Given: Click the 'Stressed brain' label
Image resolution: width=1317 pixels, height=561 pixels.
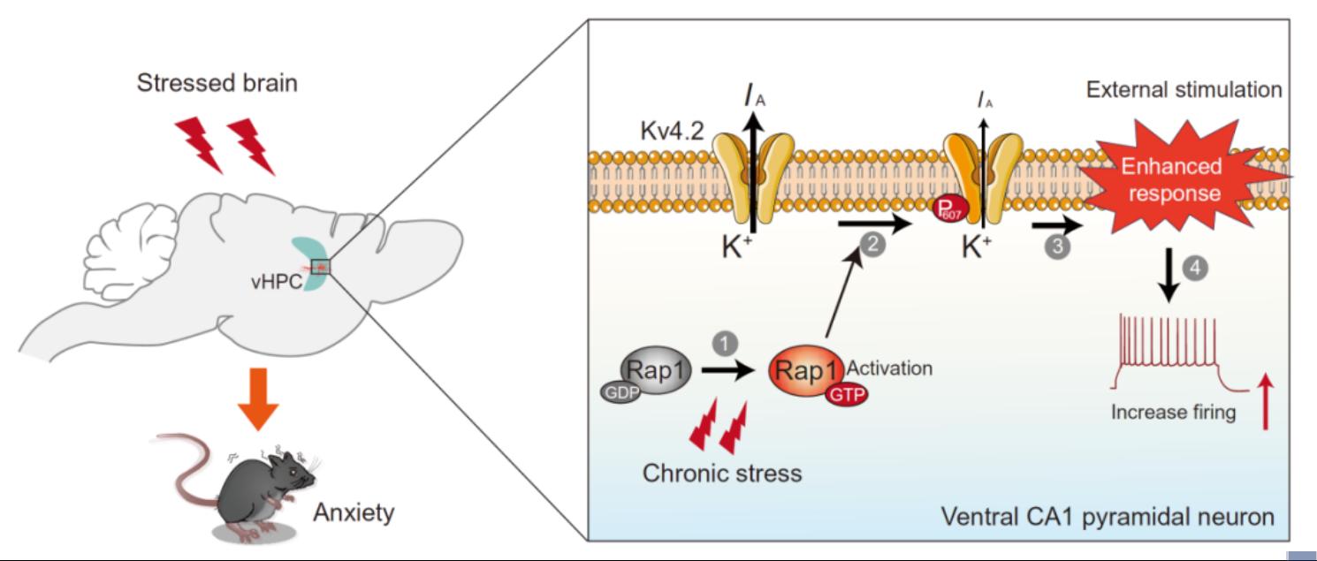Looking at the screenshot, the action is click(x=217, y=83).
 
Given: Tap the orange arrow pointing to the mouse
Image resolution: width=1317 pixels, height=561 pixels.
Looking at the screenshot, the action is click(x=258, y=398).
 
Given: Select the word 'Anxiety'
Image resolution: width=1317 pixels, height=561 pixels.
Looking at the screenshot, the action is click(x=354, y=512).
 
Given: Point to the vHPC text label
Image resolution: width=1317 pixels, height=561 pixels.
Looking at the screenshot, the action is click(x=277, y=282).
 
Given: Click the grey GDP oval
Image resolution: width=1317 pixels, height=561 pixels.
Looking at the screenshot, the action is click(x=620, y=392).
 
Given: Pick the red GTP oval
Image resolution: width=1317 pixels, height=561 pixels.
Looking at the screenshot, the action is click(x=848, y=394).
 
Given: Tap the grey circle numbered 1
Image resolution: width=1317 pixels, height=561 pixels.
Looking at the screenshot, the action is click(x=725, y=344).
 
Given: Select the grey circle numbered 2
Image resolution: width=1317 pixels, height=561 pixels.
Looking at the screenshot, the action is click(x=873, y=243).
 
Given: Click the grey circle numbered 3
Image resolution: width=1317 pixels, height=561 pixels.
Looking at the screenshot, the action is click(x=1057, y=246).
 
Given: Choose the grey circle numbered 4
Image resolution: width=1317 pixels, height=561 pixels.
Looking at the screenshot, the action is click(x=1195, y=268).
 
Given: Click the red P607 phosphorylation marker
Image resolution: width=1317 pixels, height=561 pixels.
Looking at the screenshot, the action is click(x=947, y=209).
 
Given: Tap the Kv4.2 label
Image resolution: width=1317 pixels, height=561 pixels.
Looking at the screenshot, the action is click(x=672, y=131).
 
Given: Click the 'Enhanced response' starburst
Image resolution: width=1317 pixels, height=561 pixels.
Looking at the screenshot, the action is click(x=1173, y=179).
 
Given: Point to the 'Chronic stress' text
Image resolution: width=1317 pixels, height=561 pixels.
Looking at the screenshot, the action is click(x=722, y=474).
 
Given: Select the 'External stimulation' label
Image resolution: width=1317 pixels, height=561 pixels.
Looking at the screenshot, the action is click(x=1184, y=90).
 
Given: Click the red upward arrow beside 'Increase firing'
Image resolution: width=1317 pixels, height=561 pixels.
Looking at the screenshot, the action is click(x=1266, y=404).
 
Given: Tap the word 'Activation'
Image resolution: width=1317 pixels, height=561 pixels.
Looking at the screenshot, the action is click(x=889, y=368).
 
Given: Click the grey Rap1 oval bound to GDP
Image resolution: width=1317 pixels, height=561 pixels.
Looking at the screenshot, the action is click(x=656, y=370).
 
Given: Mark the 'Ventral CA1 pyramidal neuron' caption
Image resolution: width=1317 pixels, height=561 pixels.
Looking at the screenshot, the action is click(x=1108, y=517).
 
